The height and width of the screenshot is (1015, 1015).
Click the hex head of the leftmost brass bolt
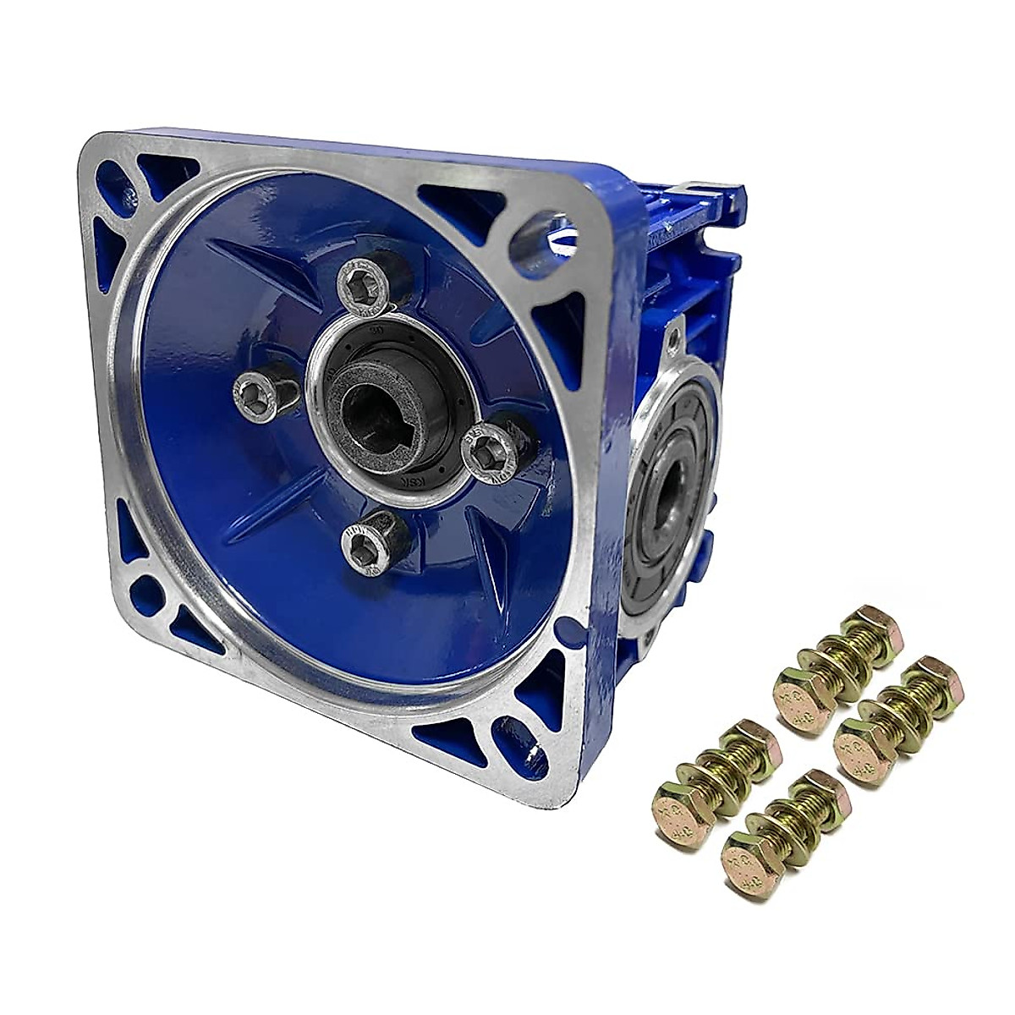coord(679,808)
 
